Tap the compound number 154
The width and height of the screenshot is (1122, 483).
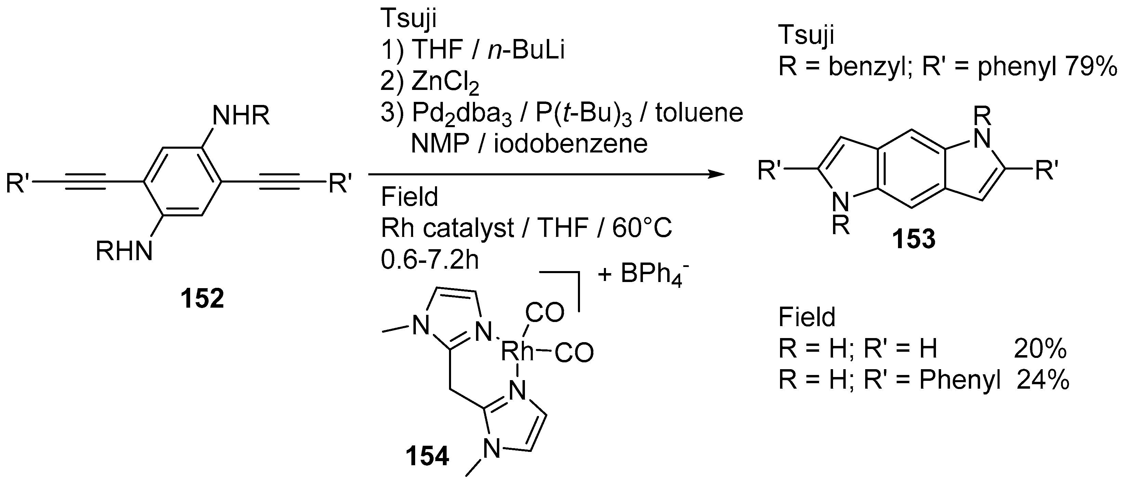pyautogui.click(x=427, y=456)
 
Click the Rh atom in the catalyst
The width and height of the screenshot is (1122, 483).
pyautogui.click(x=517, y=351)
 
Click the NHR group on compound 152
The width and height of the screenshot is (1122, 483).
pyautogui.click(x=241, y=116)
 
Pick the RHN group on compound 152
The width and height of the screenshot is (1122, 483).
pyautogui.click(x=124, y=251)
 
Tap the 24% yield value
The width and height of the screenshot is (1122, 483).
pyautogui.click(x=1043, y=380)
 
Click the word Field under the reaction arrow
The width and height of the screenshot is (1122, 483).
pyautogui.click(x=409, y=197)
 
